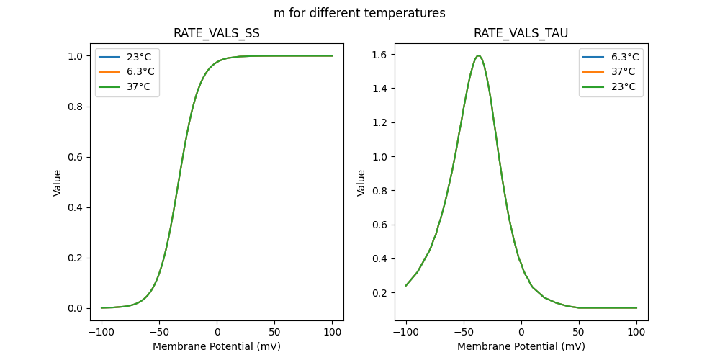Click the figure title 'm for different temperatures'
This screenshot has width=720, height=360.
pos(359,13)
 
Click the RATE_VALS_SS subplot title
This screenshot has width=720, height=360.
pos(217,34)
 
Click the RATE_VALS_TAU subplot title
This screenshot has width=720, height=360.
pos(521,34)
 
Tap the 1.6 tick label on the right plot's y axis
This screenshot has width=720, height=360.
pos(379,55)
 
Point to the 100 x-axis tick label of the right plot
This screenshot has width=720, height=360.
pos(636,332)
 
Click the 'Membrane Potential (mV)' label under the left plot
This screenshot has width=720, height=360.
pos(217,346)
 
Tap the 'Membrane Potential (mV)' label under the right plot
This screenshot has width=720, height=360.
pos(521,346)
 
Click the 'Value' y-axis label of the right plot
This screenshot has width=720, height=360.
pos(361,183)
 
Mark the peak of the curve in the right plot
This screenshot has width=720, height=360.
pos(478,55)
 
